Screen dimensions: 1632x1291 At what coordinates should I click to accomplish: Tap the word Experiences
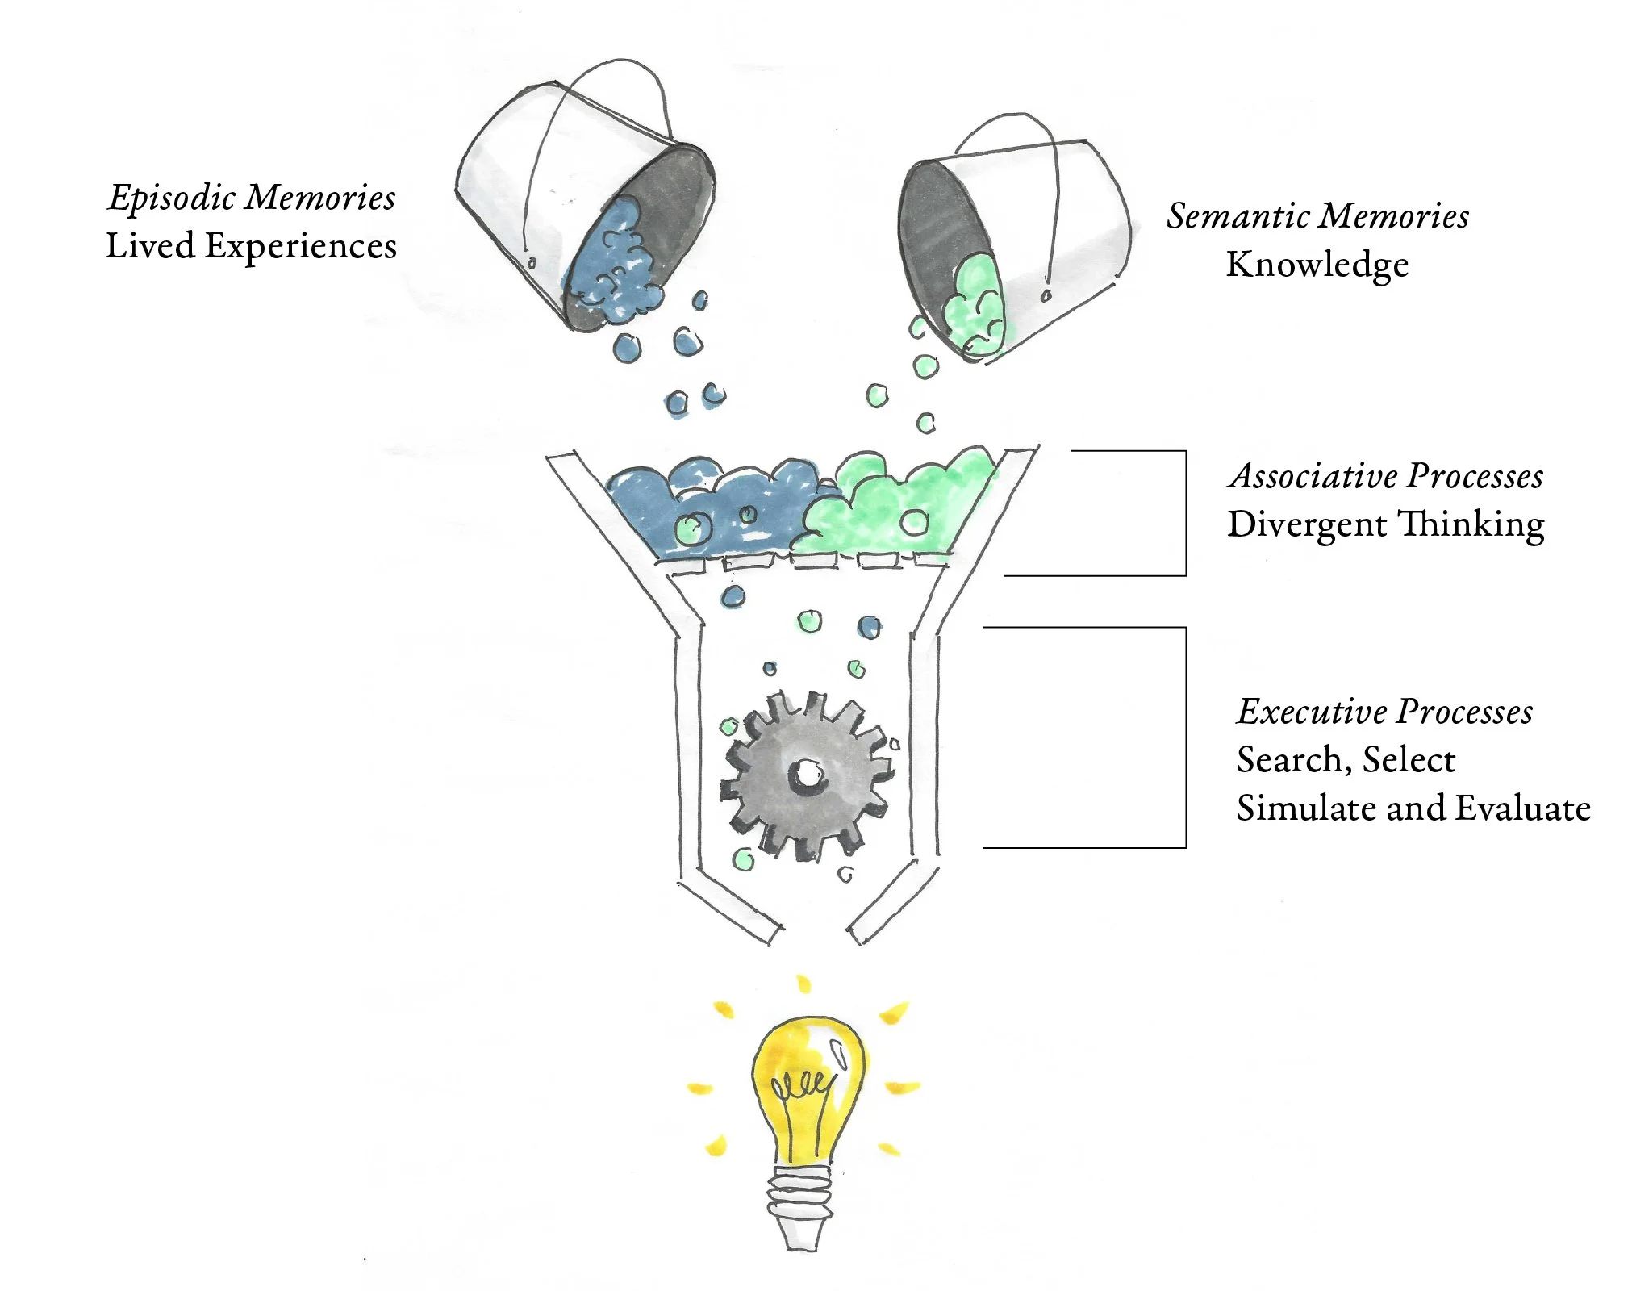click(x=300, y=247)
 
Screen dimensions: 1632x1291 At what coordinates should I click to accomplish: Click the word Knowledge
click(x=1317, y=265)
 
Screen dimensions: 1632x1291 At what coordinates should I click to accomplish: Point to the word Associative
click(x=1307, y=477)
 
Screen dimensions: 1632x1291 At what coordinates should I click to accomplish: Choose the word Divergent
click(x=1306, y=525)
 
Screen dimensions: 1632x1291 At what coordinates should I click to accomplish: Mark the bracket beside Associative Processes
click(x=1184, y=513)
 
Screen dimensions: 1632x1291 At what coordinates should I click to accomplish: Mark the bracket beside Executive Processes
click(x=1184, y=737)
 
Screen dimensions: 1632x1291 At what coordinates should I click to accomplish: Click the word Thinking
click(x=1470, y=525)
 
